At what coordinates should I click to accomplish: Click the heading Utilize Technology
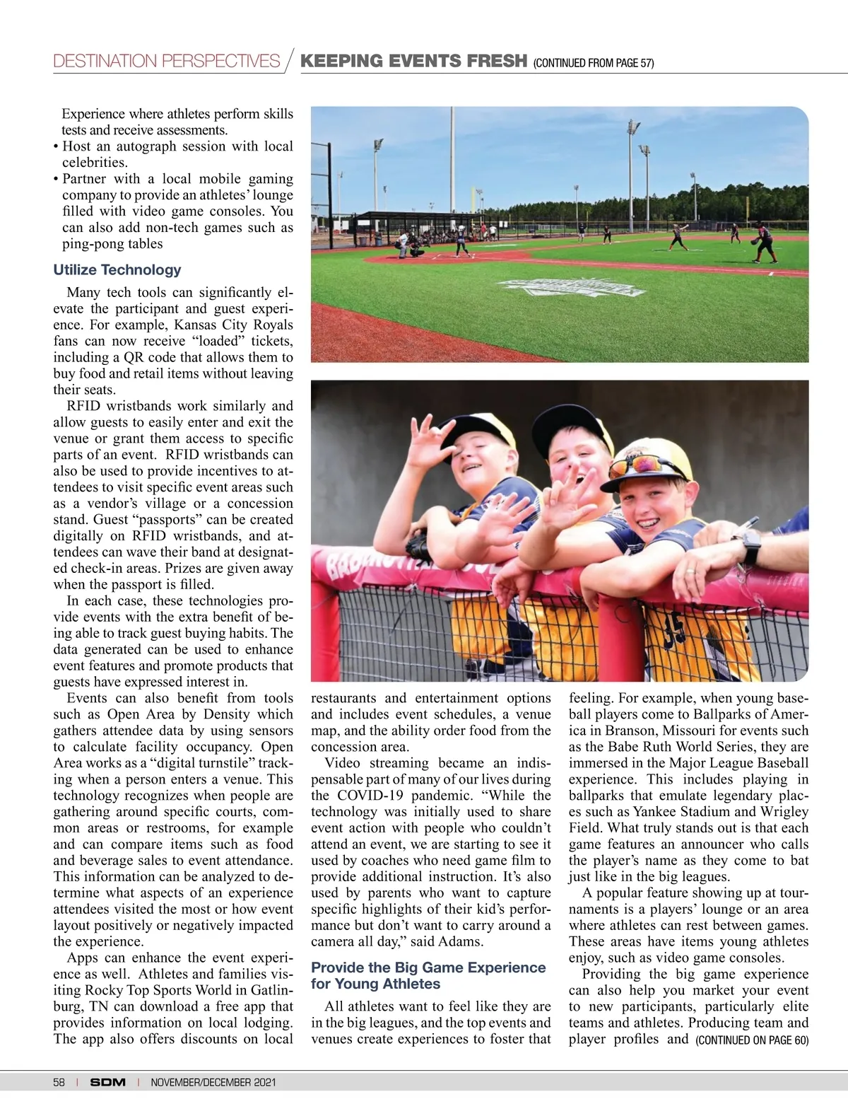tap(117, 269)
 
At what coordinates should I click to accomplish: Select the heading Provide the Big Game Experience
tap(428, 967)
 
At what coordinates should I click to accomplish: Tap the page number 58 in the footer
tap(59, 1082)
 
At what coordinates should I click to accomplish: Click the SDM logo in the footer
tap(107, 1082)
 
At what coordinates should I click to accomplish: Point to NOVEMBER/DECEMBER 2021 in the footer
tap(213, 1082)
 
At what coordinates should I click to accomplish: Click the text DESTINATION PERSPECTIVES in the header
tap(167, 62)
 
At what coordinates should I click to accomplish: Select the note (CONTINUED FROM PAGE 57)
tap(594, 63)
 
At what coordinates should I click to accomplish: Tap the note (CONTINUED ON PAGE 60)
tap(752, 1040)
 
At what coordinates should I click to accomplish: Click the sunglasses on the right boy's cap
tap(640, 464)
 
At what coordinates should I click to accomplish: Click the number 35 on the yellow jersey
tap(675, 629)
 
